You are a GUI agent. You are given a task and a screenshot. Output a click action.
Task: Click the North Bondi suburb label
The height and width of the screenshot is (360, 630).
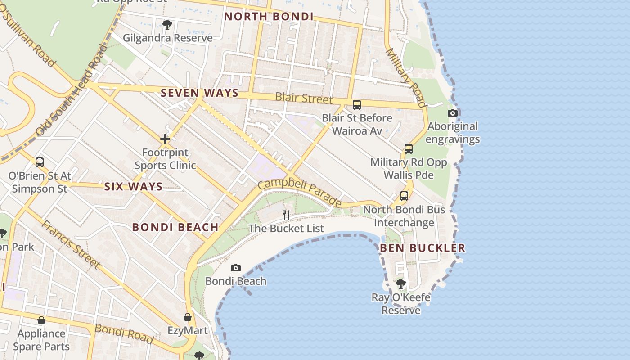pyautogui.click(x=269, y=17)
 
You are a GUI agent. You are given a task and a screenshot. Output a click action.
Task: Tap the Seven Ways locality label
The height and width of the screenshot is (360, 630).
pyautogui.click(x=199, y=93)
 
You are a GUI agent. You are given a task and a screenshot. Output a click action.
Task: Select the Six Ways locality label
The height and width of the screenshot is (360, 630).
pyautogui.click(x=133, y=187)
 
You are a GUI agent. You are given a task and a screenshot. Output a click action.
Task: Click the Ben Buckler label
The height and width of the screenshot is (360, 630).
pyautogui.click(x=423, y=248)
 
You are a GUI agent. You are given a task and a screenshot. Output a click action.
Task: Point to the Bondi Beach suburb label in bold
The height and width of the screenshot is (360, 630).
pyautogui.click(x=175, y=227)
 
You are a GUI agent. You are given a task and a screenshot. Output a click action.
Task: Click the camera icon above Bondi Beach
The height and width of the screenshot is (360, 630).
pyautogui.click(x=235, y=268)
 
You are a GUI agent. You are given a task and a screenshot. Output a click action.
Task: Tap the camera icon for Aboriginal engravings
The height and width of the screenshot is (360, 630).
pyautogui.click(x=453, y=113)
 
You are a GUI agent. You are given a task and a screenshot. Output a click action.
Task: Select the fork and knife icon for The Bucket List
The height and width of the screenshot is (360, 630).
pyautogui.click(x=286, y=215)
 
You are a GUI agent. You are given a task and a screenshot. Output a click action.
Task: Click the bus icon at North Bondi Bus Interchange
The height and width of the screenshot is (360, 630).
pyautogui.click(x=404, y=196)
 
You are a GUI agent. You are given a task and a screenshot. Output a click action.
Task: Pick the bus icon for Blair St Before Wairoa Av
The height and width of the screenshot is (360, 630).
pyautogui.click(x=357, y=105)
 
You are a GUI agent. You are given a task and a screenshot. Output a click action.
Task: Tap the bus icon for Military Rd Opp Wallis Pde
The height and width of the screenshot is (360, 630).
pyautogui.click(x=409, y=149)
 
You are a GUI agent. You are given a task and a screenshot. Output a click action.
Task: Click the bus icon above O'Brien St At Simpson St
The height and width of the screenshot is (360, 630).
pyautogui.click(x=40, y=162)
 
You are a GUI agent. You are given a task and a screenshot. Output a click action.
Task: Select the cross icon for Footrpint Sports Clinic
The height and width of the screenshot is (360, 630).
pyautogui.click(x=165, y=139)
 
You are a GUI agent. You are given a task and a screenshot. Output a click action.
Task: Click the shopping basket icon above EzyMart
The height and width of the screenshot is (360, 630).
pyautogui.click(x=188, y=318)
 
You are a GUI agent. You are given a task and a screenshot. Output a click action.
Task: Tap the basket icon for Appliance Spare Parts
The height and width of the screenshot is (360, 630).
pyautogui.click(x=41, y=320)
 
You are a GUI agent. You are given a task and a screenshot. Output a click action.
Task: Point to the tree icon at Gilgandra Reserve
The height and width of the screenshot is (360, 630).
pyautogui.click(x=167, y=24)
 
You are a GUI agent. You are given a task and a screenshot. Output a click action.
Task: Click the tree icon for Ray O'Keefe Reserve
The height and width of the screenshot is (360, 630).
pyautogui.click(x=400, y=284)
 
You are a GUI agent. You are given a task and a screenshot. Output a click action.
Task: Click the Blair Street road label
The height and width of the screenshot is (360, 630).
pyautogui.click(x=304, y=98)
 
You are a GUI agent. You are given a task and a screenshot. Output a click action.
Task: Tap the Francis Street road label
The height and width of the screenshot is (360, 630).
pyautogui.click(x=71, y=244)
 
